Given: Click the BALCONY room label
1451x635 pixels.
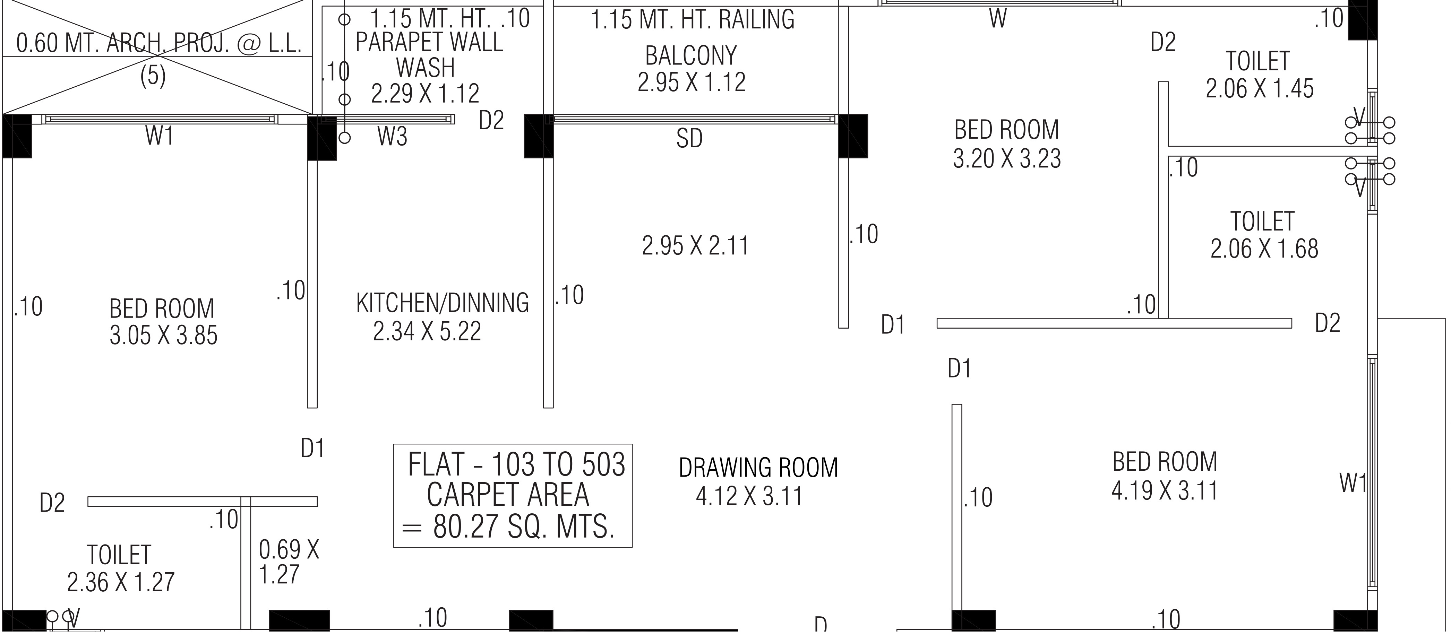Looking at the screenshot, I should pyautogui.click(x=690, y=56).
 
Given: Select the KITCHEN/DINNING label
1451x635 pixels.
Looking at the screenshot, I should pyautogui.click(x=443, y=303).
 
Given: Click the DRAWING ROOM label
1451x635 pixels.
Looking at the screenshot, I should pyautogui.click(x=758, y=468).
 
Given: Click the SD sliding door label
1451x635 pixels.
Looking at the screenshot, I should pyautogui.click(x=689, y=139).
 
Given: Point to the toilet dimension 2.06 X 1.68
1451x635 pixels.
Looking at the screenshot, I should pyautogui.click(x=1264, y=249).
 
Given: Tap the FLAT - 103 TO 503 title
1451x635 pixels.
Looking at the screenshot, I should pyautogui.click(x=516, y=465).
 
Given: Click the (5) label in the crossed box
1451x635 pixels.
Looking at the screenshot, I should pyautogui.click(x=153, y=76).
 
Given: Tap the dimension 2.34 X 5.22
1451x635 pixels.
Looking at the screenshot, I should pyautogui.click(x=427, y=331).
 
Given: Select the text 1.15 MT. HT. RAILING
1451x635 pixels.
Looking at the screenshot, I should pyautogui.click(x=692, y=20).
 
